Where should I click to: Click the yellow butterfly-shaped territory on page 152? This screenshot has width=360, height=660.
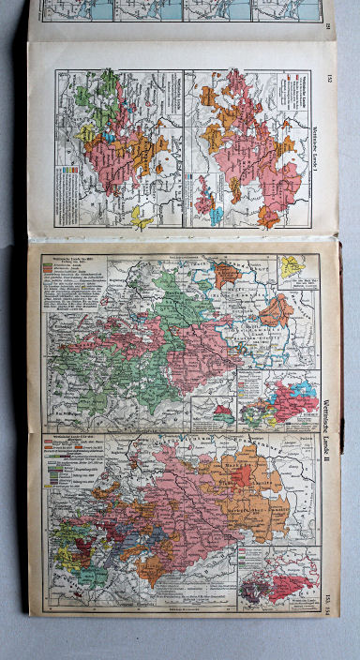142,217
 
